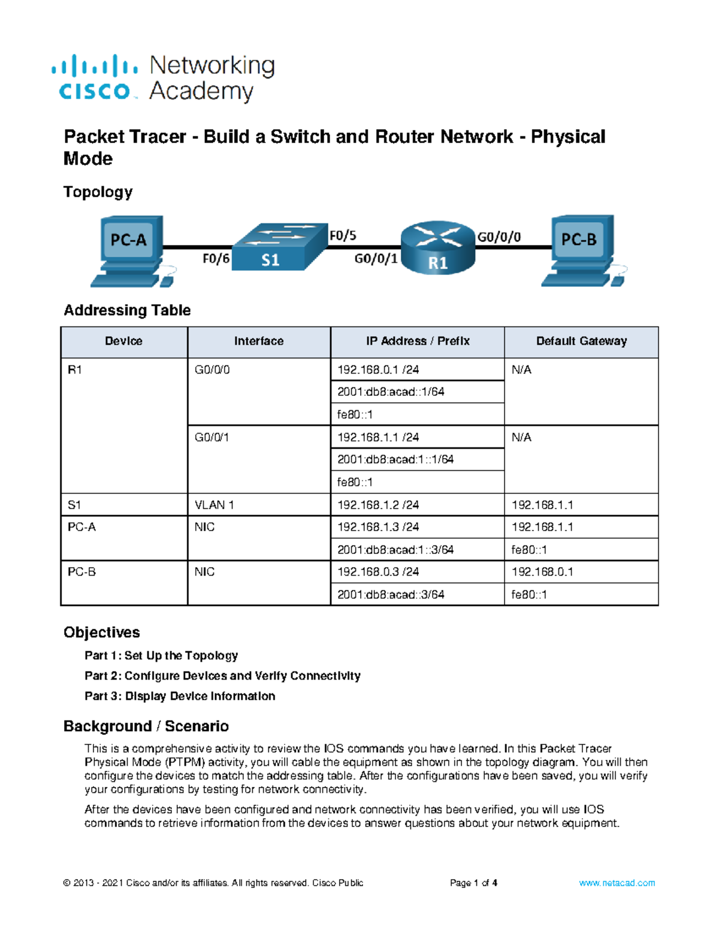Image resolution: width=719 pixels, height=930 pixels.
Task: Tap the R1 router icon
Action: pos(438,248)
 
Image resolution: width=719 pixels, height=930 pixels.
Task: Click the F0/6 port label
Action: pos(216,259)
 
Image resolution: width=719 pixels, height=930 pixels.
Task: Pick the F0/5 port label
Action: pos(343,236)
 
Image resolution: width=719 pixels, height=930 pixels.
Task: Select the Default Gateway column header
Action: pos(581,341)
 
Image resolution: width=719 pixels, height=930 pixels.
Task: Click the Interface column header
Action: pos(259,341)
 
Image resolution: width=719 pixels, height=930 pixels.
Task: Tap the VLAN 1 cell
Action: pos(215,505)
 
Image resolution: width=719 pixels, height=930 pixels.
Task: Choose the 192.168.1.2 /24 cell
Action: pos(378,505)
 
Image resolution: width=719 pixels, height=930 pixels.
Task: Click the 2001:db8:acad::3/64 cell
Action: pos(391,595)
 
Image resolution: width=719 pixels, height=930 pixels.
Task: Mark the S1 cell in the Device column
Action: pos(74,505)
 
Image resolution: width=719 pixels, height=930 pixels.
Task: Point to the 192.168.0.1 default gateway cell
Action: pos(542,572)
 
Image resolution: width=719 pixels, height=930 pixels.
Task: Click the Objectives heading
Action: pos(102,632)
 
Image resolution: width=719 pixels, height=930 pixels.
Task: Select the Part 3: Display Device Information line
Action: pos(180,696)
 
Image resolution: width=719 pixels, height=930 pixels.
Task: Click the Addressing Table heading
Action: pos(127,310)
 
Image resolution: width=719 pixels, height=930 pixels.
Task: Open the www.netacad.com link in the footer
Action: pos(617,883)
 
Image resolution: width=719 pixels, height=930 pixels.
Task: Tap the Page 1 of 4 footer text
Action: pos(473,883)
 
